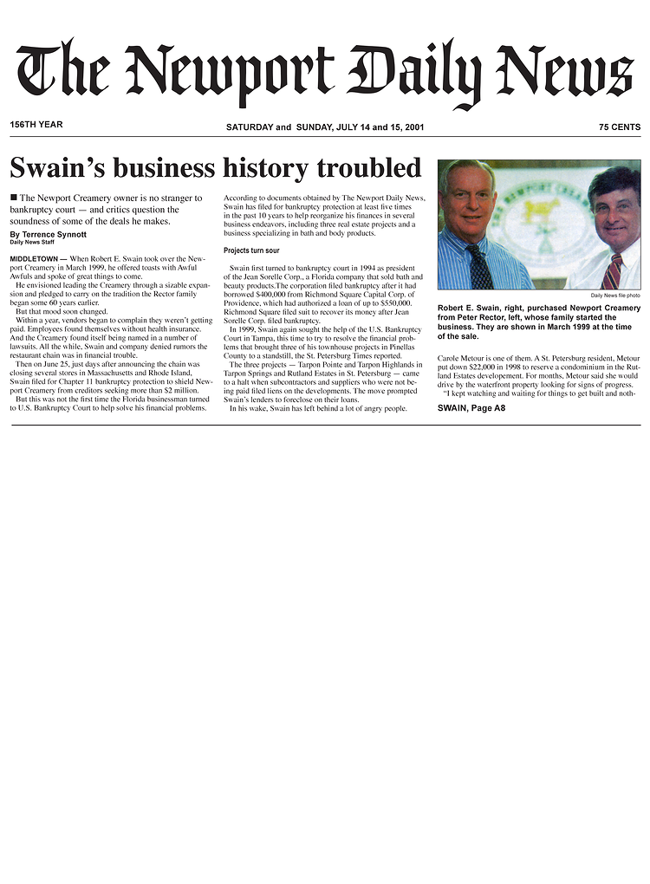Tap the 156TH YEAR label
pos(36,125)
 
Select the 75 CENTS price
pos(619,127)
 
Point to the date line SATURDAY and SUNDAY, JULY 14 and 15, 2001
pos(325,127)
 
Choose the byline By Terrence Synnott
pos(49,235)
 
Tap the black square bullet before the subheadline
pos(14,198)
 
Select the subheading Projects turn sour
pos(251,250)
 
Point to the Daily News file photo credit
pos(615,296)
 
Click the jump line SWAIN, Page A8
pos(471,407)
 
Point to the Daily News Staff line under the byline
pos(32,243)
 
